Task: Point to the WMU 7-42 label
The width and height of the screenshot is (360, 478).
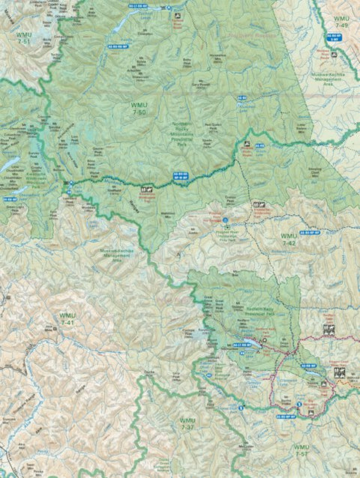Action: tap(289, 239)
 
